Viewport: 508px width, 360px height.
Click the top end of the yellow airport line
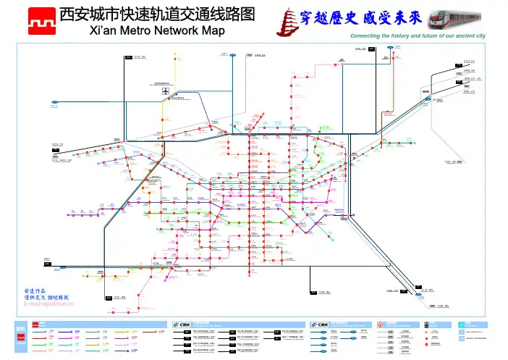pos(175,53)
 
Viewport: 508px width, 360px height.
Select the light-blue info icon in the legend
pos(462,324)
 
